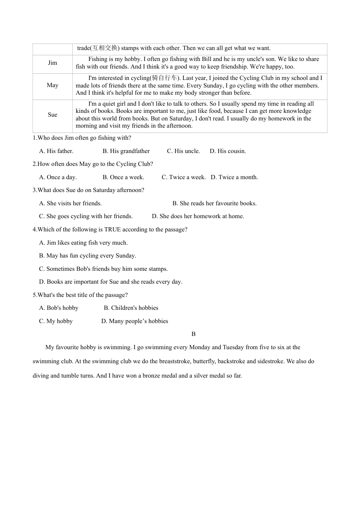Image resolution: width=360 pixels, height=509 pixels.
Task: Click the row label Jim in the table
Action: pos(53,63)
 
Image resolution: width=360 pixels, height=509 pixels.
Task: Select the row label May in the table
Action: pos(53,85)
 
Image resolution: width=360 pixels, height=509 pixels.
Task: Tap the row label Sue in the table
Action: pos(53,115)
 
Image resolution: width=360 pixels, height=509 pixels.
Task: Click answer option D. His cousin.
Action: pos(228,151)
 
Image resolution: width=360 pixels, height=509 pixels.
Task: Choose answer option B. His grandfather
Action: pos(126,151)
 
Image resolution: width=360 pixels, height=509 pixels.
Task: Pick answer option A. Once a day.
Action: pos(58,177)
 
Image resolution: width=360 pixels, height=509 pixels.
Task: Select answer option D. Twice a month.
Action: pos(234,177)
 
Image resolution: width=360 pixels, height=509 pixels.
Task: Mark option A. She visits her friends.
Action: pos(70,203)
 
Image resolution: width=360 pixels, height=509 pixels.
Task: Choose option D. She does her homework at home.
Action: pos(198,216)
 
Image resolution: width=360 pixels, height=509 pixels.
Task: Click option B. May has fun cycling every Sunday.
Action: pos(88,256)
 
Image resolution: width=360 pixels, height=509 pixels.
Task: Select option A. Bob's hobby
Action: pos(59,308)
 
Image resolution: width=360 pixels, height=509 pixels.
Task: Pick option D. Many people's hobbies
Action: pos(135,321)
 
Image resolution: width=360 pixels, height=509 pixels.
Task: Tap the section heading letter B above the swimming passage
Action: pos(194,334)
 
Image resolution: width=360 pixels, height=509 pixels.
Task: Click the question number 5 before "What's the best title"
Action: pos(34,295)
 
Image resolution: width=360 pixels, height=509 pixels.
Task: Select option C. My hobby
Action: pos(56,321)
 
